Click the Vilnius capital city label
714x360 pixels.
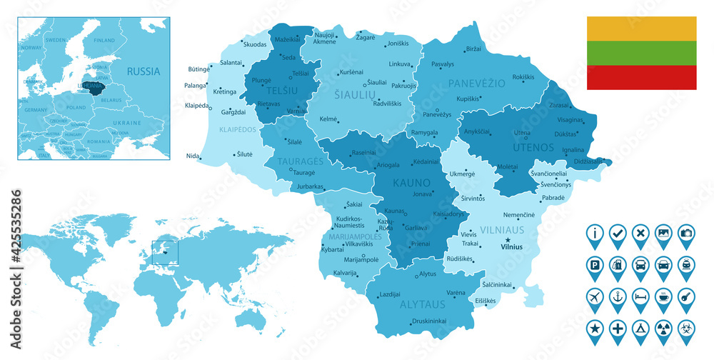tap(512, 247)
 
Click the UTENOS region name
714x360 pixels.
tap(533, 147)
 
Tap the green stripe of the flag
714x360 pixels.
tap(641, 53)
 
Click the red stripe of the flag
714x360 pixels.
tap(641, 77)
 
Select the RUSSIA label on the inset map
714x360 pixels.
tap(144, 71)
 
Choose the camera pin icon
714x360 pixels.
tap(685, 232)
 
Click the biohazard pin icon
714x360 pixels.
tap(685, 327)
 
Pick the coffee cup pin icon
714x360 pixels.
tap(663, 295)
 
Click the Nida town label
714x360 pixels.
tap(193, 156)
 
